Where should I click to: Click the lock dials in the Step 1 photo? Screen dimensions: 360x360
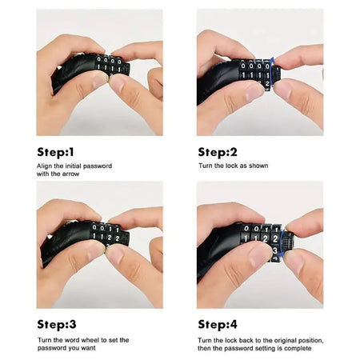[108, 65]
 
